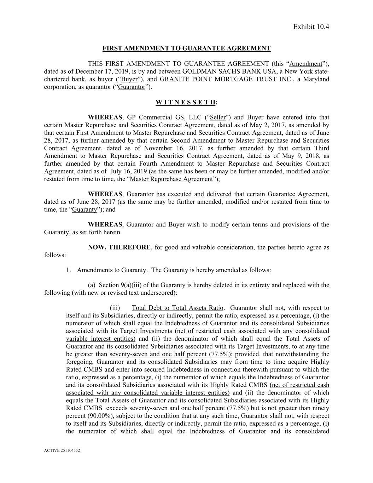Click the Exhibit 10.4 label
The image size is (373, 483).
coord(311,27)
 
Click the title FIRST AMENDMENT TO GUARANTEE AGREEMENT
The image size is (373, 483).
coord(186,48)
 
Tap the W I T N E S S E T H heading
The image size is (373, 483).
coord(186,102)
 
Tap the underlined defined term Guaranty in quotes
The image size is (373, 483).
coord(84,209)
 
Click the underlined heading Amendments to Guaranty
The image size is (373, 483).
coord(111,270)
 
